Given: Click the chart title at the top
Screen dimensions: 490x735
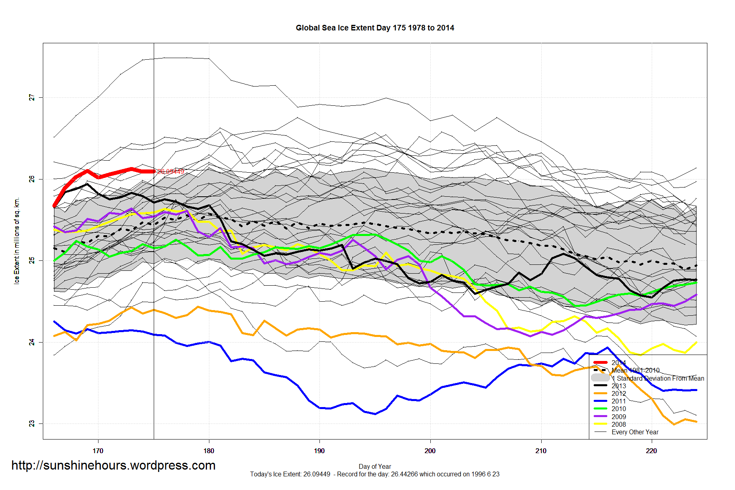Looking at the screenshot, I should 375,28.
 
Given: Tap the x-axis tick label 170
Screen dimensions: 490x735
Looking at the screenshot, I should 98,451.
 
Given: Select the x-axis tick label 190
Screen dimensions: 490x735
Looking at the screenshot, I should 319,451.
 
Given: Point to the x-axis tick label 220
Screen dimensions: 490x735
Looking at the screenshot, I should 651,451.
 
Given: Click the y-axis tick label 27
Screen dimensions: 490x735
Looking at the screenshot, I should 32,98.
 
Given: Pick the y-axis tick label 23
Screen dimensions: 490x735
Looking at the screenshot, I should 32,423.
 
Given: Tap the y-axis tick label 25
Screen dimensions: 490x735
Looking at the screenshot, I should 32,261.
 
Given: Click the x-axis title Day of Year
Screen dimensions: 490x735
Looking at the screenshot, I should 375,466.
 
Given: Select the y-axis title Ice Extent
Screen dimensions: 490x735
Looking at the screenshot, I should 16,241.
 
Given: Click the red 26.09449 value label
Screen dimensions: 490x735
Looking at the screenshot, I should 171,171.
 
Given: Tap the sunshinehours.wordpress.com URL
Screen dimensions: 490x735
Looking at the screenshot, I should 113,465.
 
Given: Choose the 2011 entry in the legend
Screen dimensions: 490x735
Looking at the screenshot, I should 619,401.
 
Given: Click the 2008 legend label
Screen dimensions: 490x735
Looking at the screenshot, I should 619,424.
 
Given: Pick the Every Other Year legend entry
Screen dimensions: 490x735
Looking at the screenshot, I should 635,432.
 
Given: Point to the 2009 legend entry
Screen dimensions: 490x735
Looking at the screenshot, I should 619,417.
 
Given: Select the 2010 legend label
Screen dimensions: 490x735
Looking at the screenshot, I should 619,409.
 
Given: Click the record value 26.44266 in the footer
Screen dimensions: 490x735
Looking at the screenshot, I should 404,474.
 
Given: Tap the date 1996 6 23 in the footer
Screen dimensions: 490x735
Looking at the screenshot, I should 485,474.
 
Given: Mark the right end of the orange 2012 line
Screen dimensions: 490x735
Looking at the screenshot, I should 697,421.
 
